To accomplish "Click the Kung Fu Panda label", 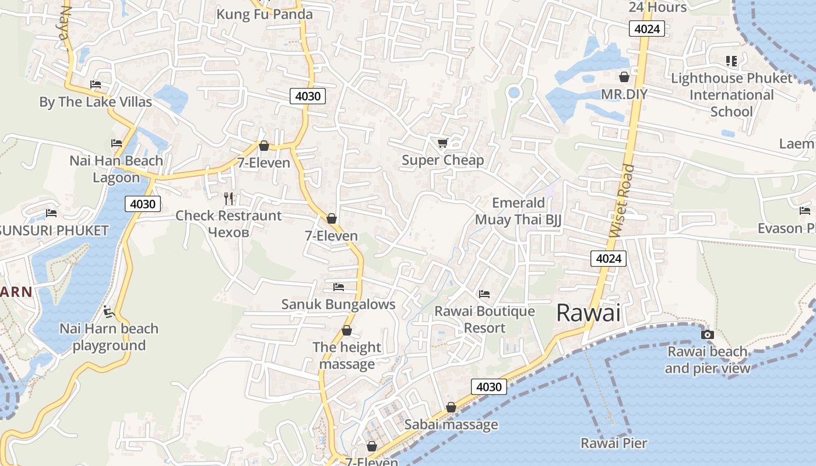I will pyautogui.click(x=265, y=15).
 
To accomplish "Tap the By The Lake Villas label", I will pyautogui.click(x=96, y=102).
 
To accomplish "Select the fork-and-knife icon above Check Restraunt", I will pyautogui.click(x=228, y=199).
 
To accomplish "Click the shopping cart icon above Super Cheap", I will pyautogui.click(x=442, y=143).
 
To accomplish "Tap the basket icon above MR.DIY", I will pyautogui.click(x=624, y=77).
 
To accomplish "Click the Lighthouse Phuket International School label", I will pyautogui.click(x=731, y=94).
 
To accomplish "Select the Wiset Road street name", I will pyautogui.click(x=622, y=201).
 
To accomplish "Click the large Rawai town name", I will pyautogui.click(x=588, y=313).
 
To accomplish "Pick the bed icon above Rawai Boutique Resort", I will pyautogui.click(x=484, y=294).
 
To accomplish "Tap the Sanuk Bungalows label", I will pyautogui.click(x=338, y=304).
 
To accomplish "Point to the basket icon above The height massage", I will pyautogui.click(x=347, y=331).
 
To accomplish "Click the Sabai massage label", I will pyautogui.click(x=451, y=425).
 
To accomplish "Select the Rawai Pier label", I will pyautogui.click(x=614, y=443).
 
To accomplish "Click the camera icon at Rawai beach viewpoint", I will pyautogui.click(x=707, y=334).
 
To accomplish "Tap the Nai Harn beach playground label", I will pyautogui.click(x=109, y=337).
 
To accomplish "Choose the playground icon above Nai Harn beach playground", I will pyautogui.click(x=108, y=312).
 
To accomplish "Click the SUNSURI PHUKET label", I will pyautogui.click(x=54, y=230).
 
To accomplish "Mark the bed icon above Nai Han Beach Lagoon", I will pyautogui.click(x=117, y=143).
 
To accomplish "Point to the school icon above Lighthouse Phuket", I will pyautogui.click(x=731, y=61).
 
